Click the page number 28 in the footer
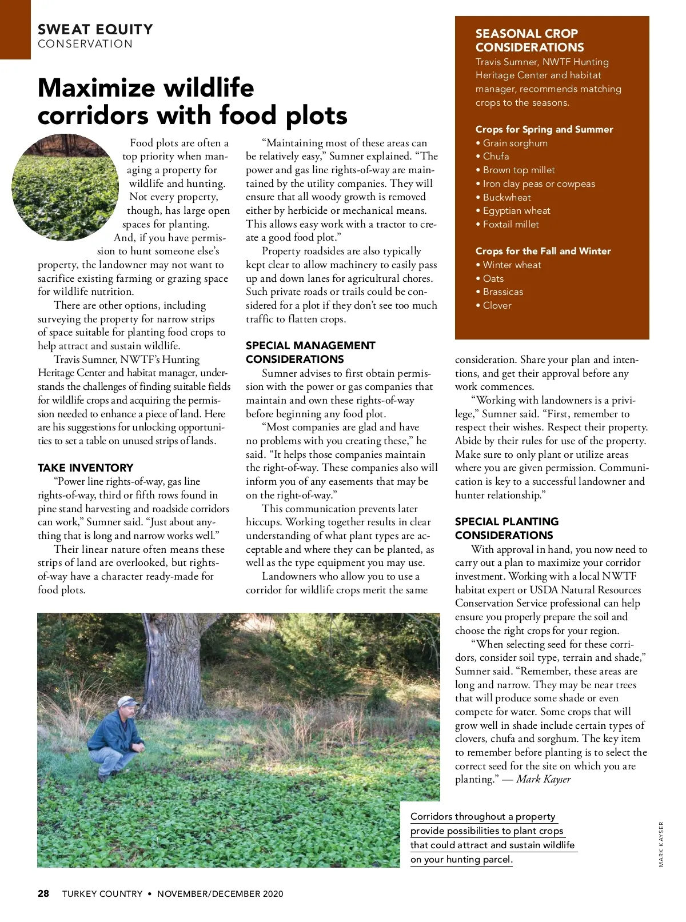(43, 893)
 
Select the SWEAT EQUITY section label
(95, 30)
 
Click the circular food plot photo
(64, 187)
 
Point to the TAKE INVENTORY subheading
(85, 468)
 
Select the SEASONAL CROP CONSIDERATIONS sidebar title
(529, 41)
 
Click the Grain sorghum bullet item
(514, 143)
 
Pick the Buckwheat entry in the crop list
(506, 197)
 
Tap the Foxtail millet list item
(510, 224)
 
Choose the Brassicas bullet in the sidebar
(502, 292)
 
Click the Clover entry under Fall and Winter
(497, 305)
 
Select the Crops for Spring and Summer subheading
(544, 129)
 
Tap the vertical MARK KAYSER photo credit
(661, 844)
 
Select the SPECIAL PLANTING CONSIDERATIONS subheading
(506, 528)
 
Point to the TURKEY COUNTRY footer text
(102, 893)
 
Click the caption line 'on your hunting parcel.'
(461, 859)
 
